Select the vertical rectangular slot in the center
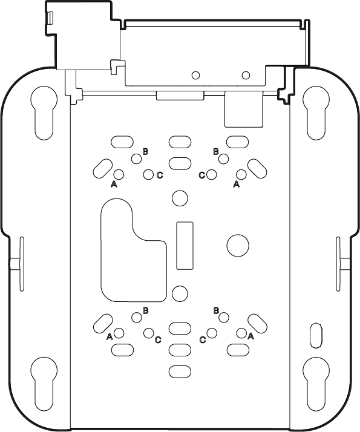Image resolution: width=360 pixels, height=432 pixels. click(185, 245)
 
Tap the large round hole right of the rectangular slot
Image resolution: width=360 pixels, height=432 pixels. click(237, 244)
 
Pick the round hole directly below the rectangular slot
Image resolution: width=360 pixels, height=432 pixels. click(180, 293)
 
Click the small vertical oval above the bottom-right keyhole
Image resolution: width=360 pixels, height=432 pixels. click(315, 335)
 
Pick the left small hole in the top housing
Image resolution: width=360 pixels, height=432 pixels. click(195, 75)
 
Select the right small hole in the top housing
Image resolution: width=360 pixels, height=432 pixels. click(246, 75)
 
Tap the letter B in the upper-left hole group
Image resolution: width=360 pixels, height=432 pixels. click(145, 151)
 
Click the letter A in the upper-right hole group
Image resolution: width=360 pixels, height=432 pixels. click(237, 185)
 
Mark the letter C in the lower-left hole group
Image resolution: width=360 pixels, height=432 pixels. click(158, 339)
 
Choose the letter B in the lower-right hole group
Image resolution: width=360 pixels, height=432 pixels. click(215, 310)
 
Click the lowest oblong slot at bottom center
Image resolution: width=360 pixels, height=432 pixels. click(180, 371)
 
